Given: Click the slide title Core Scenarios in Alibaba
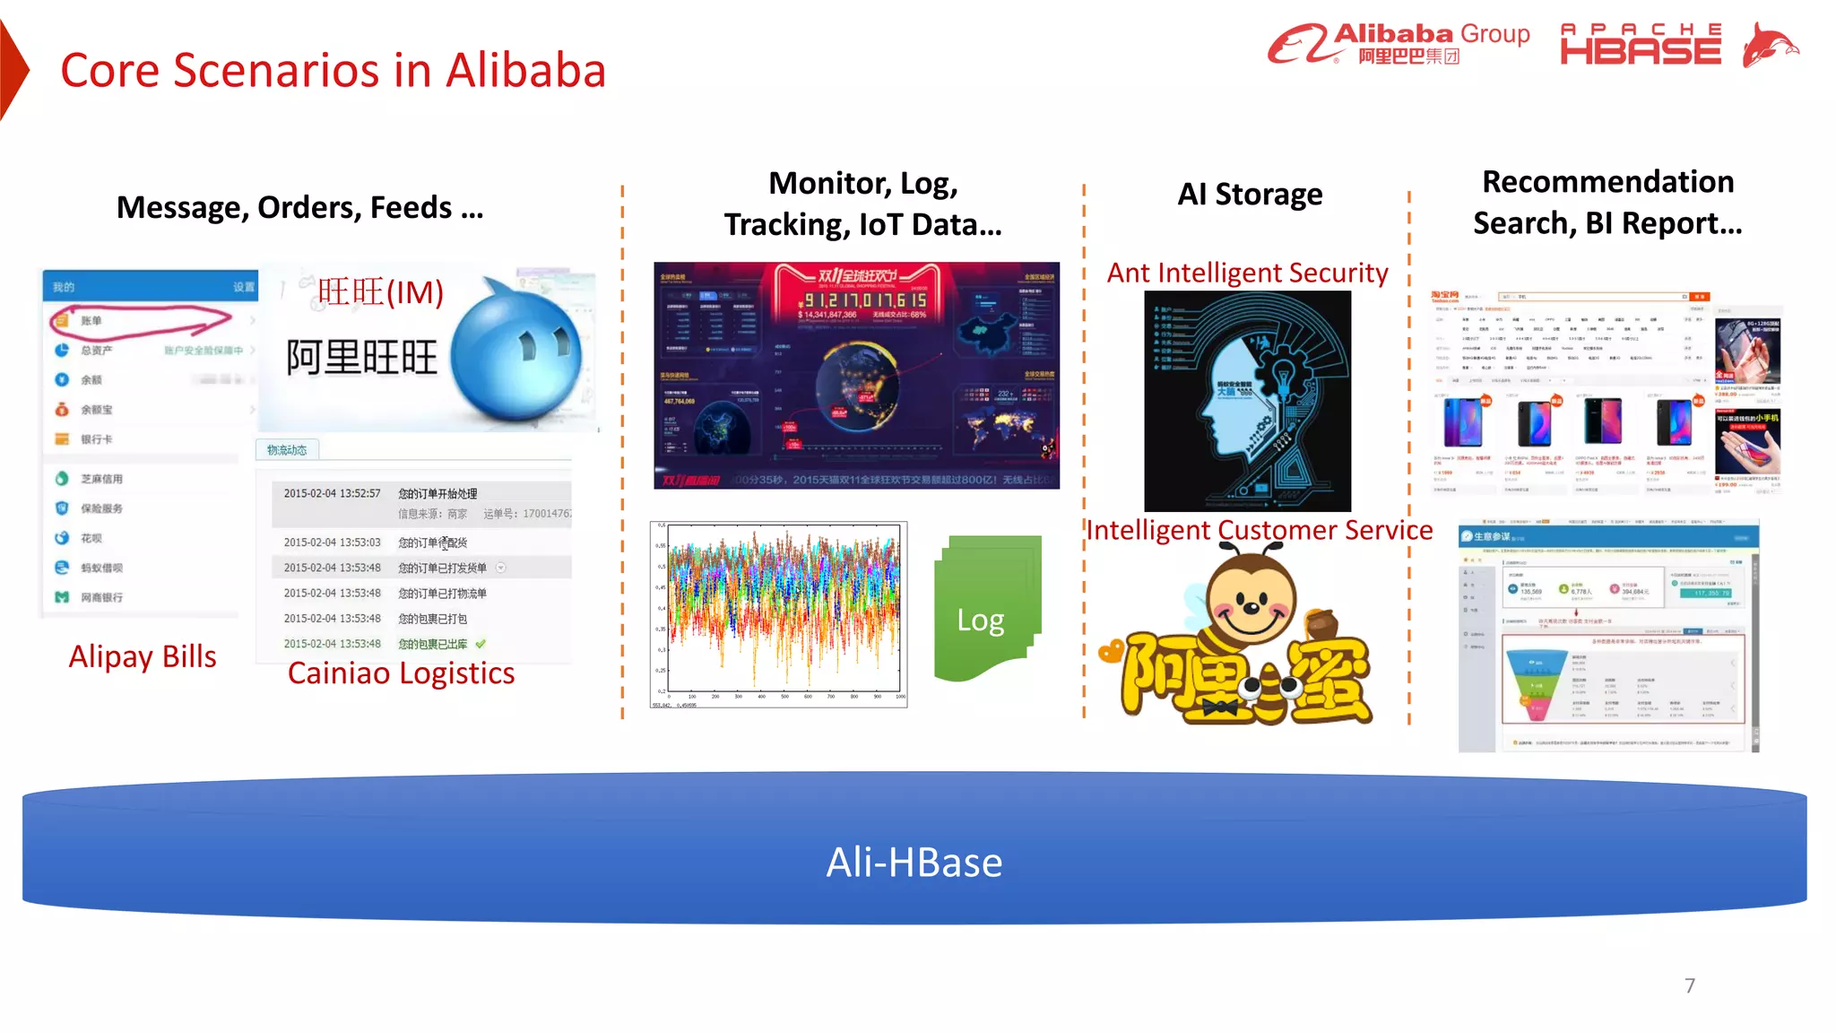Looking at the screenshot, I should [333, 71].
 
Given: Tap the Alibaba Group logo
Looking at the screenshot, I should [1398, 43].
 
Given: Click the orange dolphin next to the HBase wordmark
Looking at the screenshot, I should [1768, 45].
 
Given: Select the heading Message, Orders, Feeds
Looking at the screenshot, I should [299, 208].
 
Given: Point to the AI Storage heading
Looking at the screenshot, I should [1249, 195].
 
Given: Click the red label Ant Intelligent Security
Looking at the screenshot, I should [1247, 273].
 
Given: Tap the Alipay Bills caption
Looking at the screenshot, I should [143, 656].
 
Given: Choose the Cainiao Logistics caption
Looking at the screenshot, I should [401, 673].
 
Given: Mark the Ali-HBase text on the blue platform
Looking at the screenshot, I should [914, 863].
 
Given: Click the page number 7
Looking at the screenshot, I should [1689, 985].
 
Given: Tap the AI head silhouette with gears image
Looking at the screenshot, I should [1247, 401].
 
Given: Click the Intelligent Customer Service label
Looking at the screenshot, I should [1259, 530].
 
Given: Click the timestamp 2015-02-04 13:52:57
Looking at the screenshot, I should [332, 493].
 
